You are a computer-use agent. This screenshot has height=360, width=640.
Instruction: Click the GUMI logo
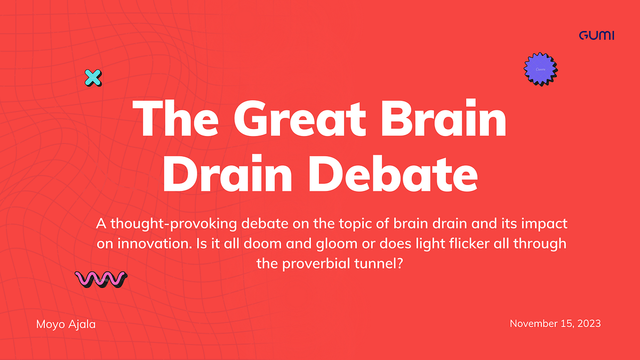596,36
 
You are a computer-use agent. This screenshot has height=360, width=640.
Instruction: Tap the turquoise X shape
93,78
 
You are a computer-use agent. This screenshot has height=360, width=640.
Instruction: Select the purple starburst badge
540,69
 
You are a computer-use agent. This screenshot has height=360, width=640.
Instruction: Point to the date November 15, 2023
555,323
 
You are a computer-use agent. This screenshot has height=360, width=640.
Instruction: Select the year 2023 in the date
589,323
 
